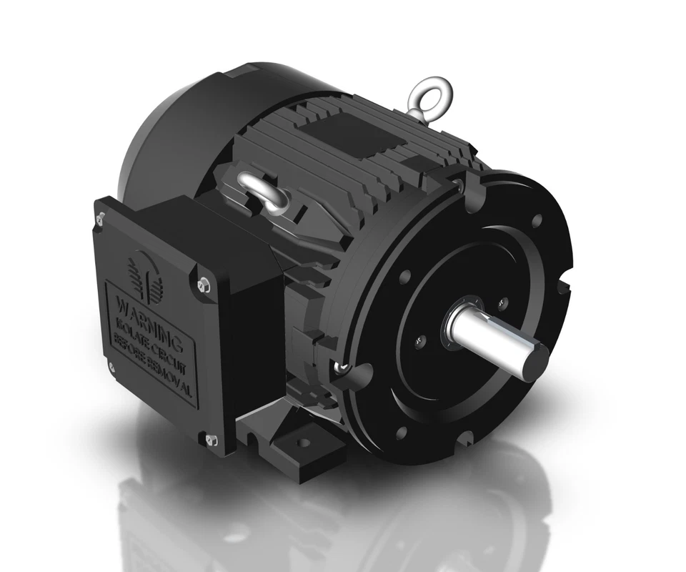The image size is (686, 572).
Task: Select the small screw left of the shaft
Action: pyautogui.click(x=422, y=344)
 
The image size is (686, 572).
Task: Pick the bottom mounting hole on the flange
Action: pyautogui.click(x=401, y=432)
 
